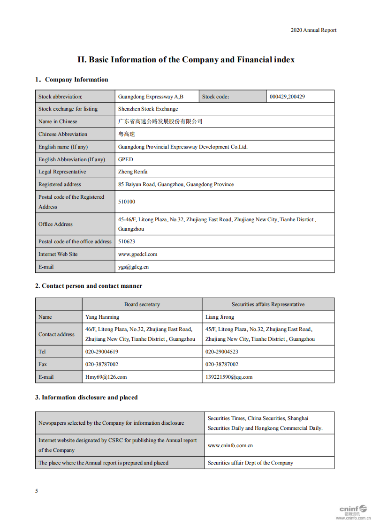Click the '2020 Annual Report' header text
(313, 30)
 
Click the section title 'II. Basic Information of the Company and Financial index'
(186, 60)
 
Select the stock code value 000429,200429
(287, 97)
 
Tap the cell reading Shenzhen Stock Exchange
(148, 109)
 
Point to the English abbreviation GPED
(125, 159)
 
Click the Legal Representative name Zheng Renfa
(132, 172)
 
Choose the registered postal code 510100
(126, 202)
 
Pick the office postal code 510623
(126, 241)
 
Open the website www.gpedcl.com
(137, 254)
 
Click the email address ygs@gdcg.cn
(133, 267)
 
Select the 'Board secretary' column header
(142, 304)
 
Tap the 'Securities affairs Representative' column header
(268, 304)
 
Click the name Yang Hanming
(102, 317)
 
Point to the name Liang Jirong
(220, 317)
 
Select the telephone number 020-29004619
(101, 352)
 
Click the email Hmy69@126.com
(106, 377)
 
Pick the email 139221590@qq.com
(228, 377)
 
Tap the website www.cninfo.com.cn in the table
(230, 445)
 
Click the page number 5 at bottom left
(37, 491)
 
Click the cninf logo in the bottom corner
(353, 511)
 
